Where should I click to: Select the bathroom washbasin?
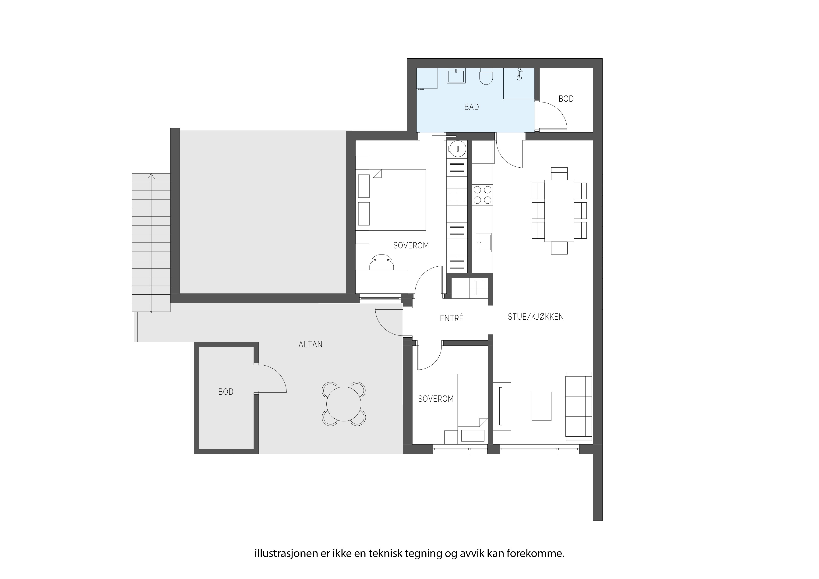[x=456, y=76]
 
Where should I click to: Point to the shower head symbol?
[x=520, y=74]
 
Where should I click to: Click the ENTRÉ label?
[x=452, y=318]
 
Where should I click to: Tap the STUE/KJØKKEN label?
[x=536, y=317]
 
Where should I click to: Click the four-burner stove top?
[x=483, y=195]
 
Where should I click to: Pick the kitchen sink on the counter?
[x=483, y=242]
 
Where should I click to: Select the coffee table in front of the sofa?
[x=541, y=406]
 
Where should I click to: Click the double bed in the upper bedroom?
[x=399, y=200]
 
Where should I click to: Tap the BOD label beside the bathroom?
[x=566, y=99]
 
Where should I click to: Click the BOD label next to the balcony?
[x=226, y=392]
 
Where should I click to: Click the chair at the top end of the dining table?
[x=559, y=174]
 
